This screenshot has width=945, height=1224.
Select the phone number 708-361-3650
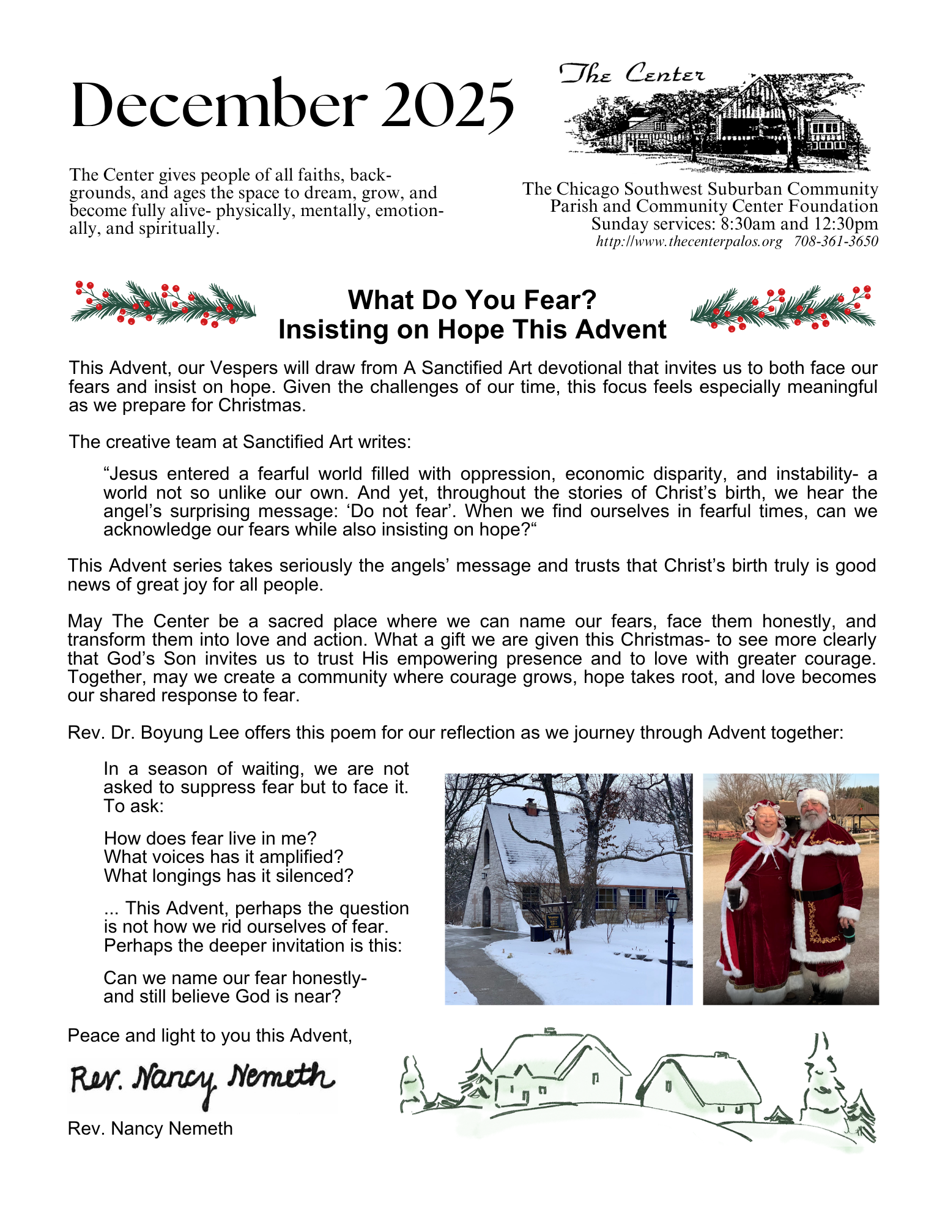click(x=836, y=242)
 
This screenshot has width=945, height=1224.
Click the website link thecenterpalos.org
click(x=689, y=242)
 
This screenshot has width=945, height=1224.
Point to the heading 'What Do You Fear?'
click(x=472, y=300)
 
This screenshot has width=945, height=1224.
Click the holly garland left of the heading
click(x=163, y=303)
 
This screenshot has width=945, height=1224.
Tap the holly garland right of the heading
click(x=783, y=308)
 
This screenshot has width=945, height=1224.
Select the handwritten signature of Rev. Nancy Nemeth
click(x=202, y=1080)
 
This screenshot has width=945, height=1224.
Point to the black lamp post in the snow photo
click(x=671, y=936)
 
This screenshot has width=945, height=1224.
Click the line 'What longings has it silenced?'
click(x=229, y=876)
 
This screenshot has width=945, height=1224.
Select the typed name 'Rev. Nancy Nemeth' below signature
click(x=150, y=1129)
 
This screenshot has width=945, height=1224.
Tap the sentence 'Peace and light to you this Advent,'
click(x=210, y=1036)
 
